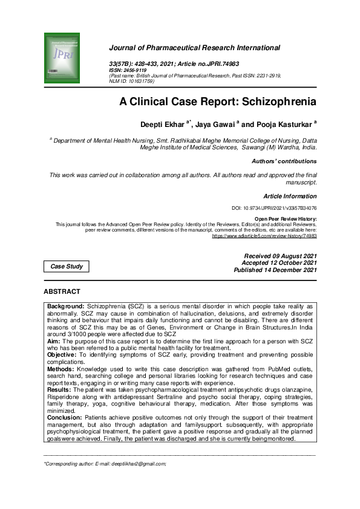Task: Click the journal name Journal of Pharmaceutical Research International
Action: tap(194, 48)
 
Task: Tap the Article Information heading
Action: tap(290, 196)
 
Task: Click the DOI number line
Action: tap(274, 207)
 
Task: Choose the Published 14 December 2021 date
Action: tap(275, 270)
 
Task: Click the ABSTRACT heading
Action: tap(62, 292)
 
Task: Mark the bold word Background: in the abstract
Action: tap(67, 307)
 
